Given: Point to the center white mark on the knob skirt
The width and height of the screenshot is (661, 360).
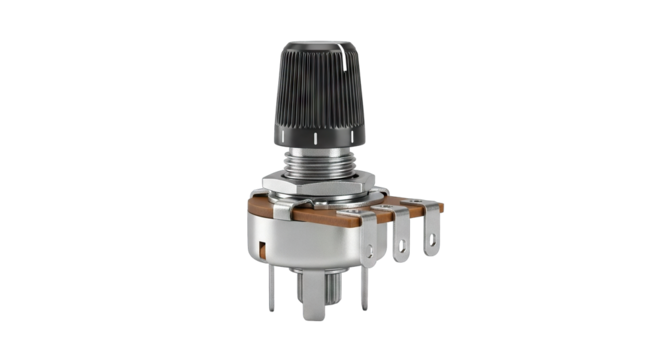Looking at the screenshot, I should coord(317,133).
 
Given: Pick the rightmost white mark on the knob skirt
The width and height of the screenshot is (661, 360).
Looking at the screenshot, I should coord(346,129).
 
